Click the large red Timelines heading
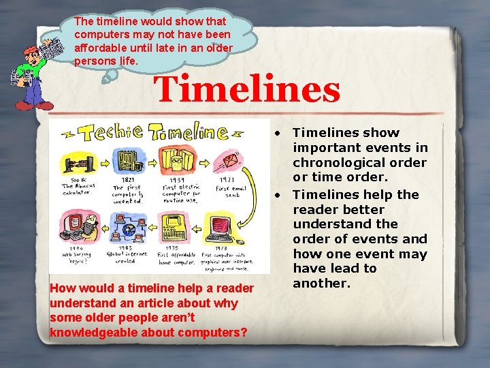click(x=246, y=90)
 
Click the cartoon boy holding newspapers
click(x=34, y=68)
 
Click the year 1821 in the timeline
click(x=122, y=179)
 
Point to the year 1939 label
click(x=178, y=179)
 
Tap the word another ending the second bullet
click(x=321, y=283)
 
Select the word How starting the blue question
click(x=63, y=288)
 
